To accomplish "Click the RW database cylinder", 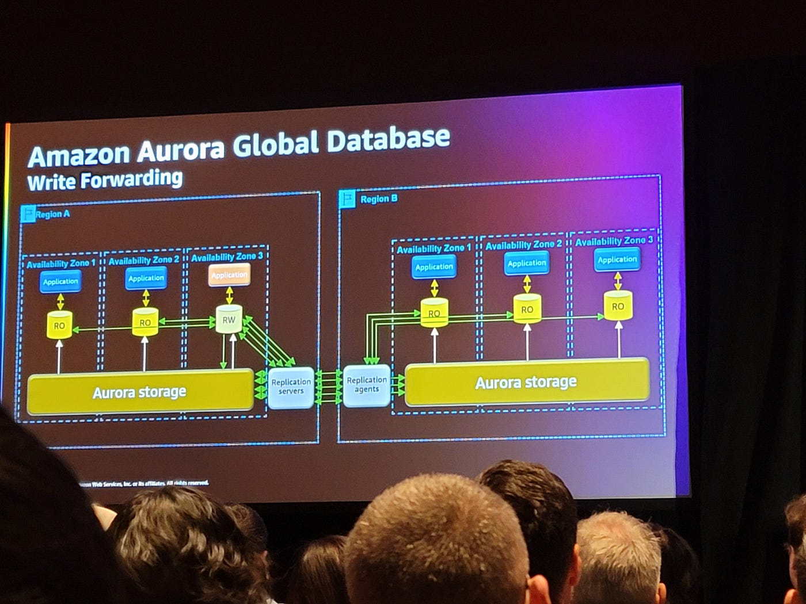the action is click(229, 320).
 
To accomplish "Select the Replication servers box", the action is click(291, 387).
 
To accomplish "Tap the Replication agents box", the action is click(367, 385).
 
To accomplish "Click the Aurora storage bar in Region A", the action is click(140, 392).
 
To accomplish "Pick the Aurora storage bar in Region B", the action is click(526, 383).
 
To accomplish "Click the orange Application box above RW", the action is click(229, 275).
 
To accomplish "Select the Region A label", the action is click(52, 214).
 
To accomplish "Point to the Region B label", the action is click(379, 199).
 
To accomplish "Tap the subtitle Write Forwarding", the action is click(105, 180).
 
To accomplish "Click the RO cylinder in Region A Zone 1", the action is click(59, 325).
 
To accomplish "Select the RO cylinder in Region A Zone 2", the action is click(145, 322).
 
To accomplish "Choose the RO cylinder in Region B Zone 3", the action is click(618, 306).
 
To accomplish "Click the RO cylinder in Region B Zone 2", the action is click(527, 309).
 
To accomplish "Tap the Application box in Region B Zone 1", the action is click(434, 267).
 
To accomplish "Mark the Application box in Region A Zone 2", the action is click(146, 278).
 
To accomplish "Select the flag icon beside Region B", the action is click(347, 199).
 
